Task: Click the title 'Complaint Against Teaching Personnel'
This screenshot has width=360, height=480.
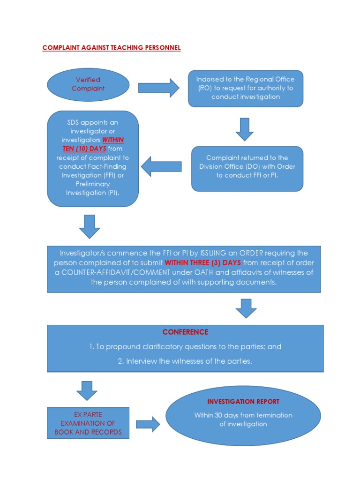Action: coord(111,48)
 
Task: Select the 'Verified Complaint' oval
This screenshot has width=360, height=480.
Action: coord(88,84)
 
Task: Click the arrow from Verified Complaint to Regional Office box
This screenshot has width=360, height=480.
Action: coord(158,88)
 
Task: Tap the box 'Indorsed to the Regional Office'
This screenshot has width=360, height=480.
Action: coord(246,88)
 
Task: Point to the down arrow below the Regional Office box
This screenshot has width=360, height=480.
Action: coord(245,129)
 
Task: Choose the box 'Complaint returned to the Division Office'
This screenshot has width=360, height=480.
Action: coord(247,167)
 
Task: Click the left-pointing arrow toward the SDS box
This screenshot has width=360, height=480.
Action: coord(161,166)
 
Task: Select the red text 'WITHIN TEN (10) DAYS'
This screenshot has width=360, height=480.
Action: coord(93,144)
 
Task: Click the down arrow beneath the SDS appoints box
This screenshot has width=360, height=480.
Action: coord(90,226)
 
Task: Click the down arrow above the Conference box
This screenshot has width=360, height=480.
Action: coord(246,308)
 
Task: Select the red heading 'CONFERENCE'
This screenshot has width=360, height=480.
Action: coord(185,332)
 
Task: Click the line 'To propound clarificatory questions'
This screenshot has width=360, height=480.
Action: coord(185,347)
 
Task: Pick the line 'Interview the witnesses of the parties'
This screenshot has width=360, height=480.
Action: coord(185,361)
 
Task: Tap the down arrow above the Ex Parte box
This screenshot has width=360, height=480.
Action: coord(86,390)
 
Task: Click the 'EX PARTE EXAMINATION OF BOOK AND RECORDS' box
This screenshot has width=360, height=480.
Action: coord(88,423)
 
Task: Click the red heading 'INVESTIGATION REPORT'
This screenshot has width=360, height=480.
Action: coord(243,402)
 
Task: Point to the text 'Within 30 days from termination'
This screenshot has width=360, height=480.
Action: coord(243,415)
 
